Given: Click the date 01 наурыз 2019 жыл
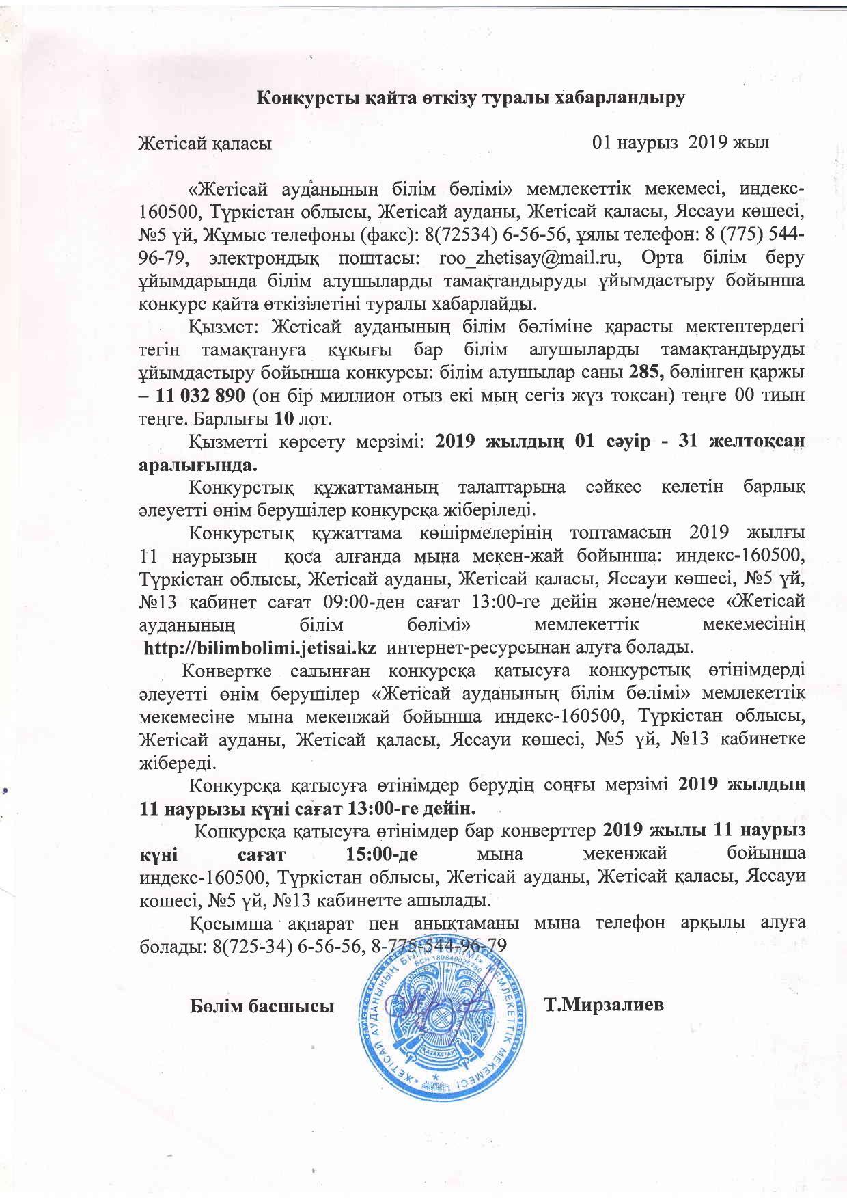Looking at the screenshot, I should click(681, 143).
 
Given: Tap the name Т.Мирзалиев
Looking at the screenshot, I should click(604, 1005).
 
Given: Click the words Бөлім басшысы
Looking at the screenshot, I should click(262, 1006).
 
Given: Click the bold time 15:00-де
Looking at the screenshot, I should click(378, 854).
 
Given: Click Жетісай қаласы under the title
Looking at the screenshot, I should click(206, 144).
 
